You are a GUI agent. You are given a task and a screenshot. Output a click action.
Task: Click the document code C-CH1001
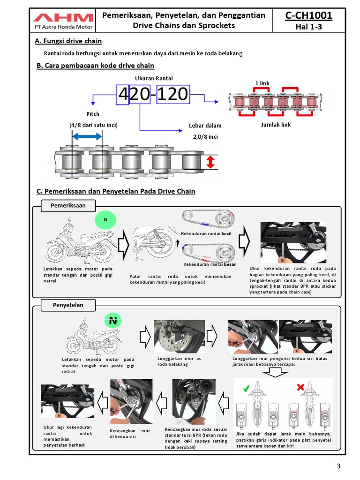(x=308, y=15)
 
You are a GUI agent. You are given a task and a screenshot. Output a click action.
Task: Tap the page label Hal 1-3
(x=308, y=27)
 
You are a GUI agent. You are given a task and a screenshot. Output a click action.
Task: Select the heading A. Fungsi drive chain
(x=68, y=41)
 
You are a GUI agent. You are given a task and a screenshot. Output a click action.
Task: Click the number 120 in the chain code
(x=172, y=95)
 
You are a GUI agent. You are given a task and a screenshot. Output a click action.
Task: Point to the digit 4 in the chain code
(x=122, y=95)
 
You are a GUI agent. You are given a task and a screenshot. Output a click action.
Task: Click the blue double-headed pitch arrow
(x=87, y=136)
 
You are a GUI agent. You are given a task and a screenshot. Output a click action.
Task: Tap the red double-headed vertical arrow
(x=210, y=162)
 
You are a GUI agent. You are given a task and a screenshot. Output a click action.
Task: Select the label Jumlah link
(x=276, y=125)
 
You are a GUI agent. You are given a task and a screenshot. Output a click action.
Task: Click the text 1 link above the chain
(x=262, y=83)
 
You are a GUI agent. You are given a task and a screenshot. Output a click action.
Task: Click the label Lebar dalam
(x=205, y=126)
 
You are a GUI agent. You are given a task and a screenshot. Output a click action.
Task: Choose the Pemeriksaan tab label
(x=68, y=205)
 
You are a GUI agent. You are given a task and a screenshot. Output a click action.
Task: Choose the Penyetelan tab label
(x=68, y=305)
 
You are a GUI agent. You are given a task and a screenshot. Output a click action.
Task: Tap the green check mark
(x=246, y=388)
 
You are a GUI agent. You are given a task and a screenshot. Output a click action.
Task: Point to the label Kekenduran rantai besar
(x=209, y=264)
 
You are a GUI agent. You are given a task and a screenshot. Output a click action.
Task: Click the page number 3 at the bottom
(x=338, y=465)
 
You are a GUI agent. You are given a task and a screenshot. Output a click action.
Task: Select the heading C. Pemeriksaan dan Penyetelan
(x=115, y=191)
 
